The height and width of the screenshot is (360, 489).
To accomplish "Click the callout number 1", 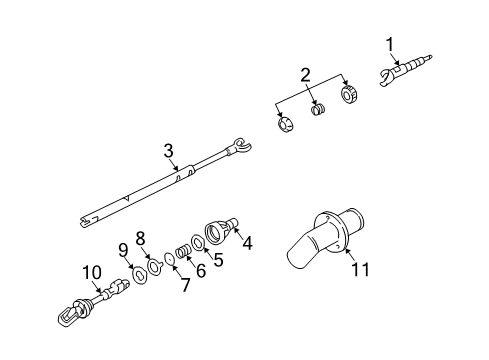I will [x=391, y=43].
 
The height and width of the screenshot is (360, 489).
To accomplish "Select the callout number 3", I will [x=169, y=150].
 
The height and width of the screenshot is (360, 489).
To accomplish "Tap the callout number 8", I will [x=141, y=237].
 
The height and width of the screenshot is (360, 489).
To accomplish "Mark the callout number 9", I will [x=124, y=249].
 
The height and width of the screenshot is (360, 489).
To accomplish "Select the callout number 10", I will [x=91, y=271].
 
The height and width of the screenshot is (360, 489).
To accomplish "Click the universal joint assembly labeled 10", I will [x=95, y=299].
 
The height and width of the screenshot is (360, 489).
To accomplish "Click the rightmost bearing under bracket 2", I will [x=349, y=94].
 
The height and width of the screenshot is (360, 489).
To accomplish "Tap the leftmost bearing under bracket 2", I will [x=283, y=124].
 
